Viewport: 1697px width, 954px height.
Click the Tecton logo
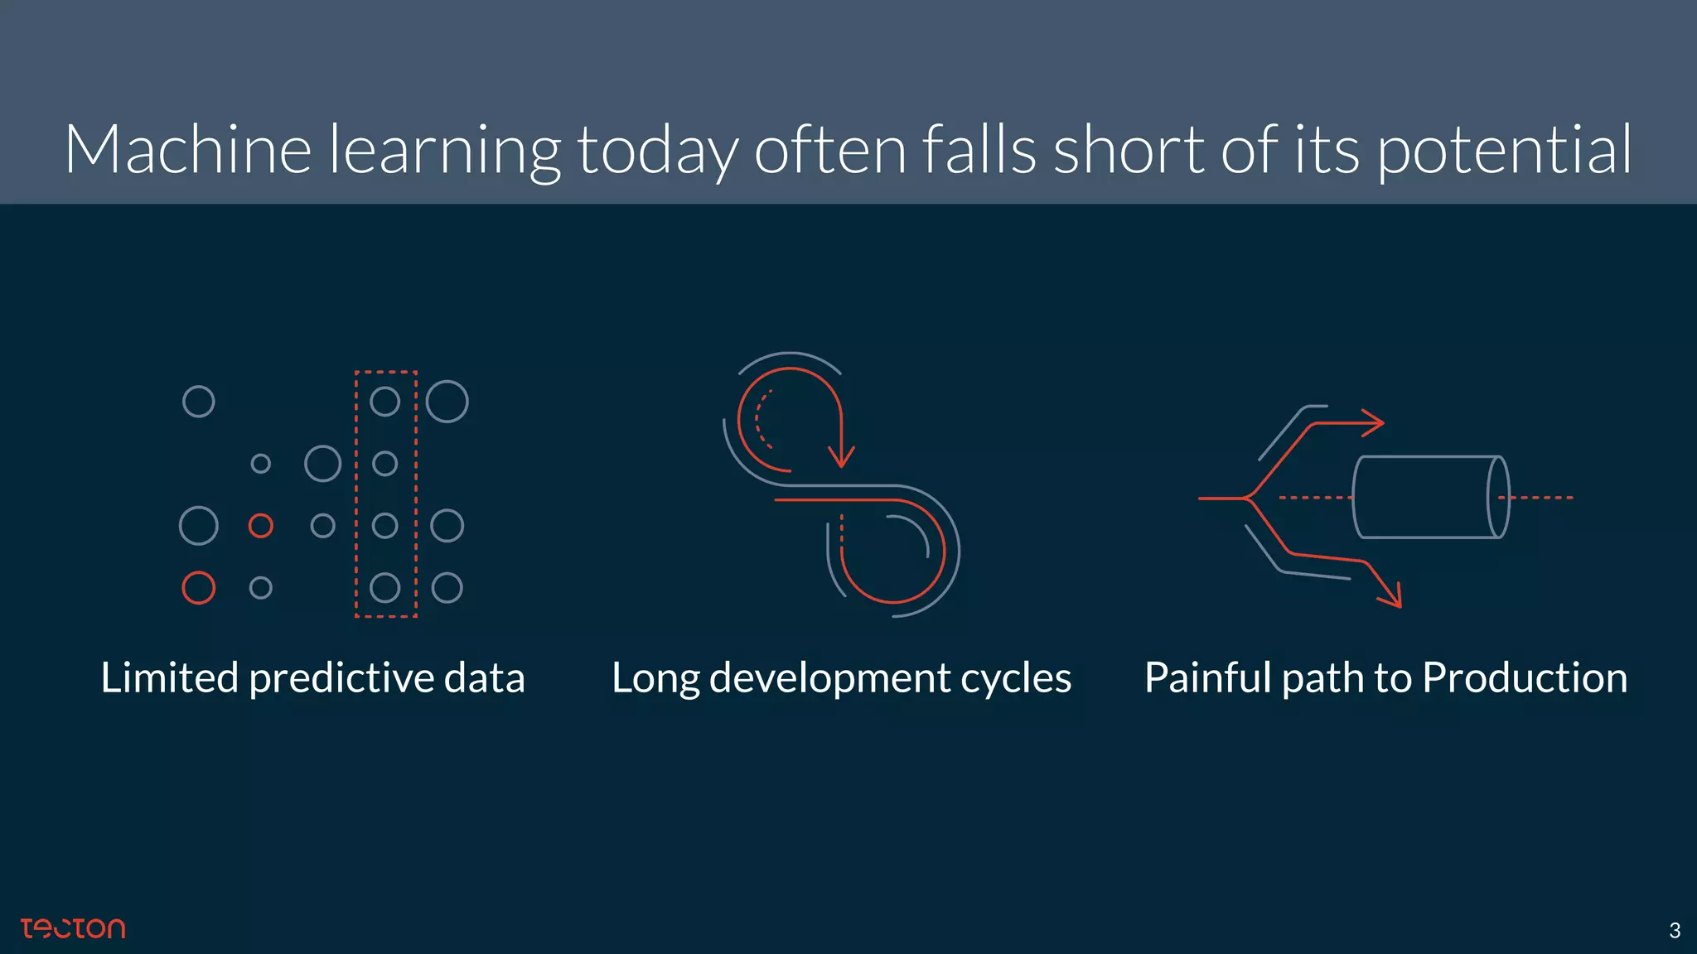tap(73, 928)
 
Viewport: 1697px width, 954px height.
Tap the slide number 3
tap(1675, 931)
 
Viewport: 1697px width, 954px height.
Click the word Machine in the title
tap(188, 150)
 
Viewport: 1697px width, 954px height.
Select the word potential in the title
tap(1505, 152)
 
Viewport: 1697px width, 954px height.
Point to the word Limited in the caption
tap(170, 677)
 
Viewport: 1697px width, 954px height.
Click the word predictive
tap(341, 679)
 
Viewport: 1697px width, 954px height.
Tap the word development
tap(829, 679)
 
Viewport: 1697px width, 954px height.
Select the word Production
tap(1525, 677)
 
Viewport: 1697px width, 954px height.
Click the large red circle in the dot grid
tap(199, 588)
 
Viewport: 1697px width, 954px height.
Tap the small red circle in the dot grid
tap(261, 526)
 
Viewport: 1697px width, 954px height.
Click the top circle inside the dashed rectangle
tap(384, 402)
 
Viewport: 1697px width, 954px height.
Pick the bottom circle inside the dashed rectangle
tap(384, 588)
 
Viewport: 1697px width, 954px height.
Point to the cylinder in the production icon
tap(1429, 497)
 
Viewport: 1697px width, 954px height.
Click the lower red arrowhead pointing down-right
tap(1391, 595)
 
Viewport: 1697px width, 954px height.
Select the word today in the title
tap(657, 152)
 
